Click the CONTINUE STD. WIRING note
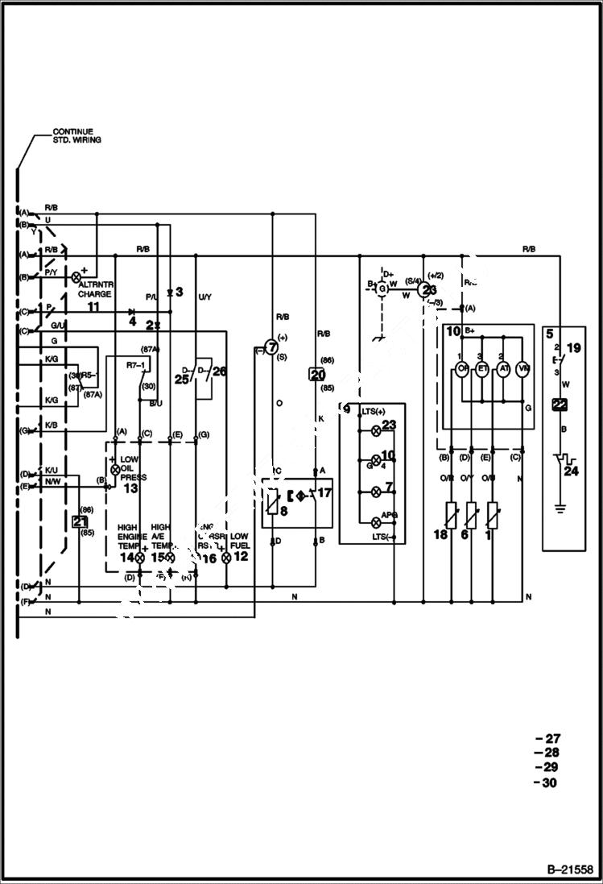click(x=73, y=135)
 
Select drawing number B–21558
click(x=569, y=870)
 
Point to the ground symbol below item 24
click(x=560, y=509)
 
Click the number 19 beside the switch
click(x=572, y=349)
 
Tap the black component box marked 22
click(x=560, y=406)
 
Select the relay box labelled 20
click(x=317, y=375)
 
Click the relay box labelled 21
click(x=80, y=521)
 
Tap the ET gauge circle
click(x=483, y=369)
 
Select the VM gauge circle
click(x=523, y=369)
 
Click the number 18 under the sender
click(x=441, y=536)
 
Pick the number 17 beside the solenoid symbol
click(x=324, y=492)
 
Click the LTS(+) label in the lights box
click(x=370, y=411)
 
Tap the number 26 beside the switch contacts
click(x=220, y=371)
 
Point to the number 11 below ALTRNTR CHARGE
click(x=93, y=307)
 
